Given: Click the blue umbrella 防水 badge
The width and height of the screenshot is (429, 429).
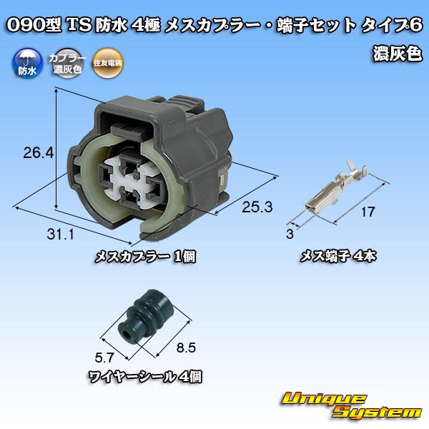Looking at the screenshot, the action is coord(27,64).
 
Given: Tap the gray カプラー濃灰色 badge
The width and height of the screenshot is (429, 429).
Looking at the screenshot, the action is coord(67,64).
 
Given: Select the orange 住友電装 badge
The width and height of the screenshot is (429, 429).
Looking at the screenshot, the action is coord(107,64).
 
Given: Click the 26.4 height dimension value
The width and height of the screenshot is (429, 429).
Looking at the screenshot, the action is coord(39,153).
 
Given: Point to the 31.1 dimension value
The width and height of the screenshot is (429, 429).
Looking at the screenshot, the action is coord(61,235).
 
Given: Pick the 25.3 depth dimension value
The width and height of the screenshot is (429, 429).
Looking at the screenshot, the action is coord(257,207).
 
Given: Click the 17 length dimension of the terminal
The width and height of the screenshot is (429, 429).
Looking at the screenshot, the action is coord(368,212).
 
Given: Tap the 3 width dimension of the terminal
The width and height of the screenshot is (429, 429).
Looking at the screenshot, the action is coord(290,234).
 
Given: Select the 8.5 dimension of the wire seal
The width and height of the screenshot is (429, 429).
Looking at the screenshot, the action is coord(186,347).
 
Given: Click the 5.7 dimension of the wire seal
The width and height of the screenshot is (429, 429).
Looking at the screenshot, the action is coord(104,357).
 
